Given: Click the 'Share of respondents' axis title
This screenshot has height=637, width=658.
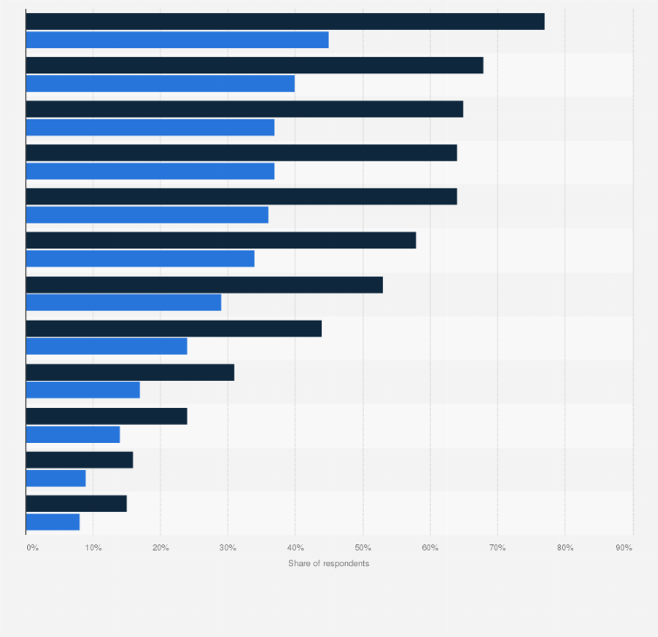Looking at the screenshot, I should [328, 564].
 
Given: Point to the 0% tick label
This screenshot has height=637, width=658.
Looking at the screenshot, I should [32, 547].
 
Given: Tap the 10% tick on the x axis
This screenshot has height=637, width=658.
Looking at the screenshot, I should [93, 547].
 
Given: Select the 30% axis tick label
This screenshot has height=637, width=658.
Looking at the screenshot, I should [228, 547].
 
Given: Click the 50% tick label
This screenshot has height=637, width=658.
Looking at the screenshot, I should [362, 547].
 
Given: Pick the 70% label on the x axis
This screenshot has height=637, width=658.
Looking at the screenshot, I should [497, 547].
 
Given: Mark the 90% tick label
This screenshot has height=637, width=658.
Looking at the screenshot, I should [624, 547].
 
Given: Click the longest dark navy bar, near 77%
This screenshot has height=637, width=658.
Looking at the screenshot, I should [285, 22].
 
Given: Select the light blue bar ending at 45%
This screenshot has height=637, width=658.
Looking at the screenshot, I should [177, 40].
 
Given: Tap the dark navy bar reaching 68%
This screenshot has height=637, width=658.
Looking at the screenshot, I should [255, 66].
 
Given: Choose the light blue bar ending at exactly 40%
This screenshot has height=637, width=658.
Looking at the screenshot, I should [161, 84].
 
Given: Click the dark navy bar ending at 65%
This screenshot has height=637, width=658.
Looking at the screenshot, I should [244, 109].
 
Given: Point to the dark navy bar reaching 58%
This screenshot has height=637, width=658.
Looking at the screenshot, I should [221, 240].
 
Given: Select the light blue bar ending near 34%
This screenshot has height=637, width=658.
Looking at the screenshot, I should [141, 259].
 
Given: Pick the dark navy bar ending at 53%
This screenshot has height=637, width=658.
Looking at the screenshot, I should [204, 285].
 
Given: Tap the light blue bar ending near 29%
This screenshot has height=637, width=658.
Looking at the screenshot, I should [124, 302].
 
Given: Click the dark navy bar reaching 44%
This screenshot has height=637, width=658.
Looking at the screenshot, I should [174, 329].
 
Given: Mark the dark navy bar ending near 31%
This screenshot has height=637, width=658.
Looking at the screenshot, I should [130, 372].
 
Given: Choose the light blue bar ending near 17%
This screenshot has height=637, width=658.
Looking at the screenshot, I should [83, 390].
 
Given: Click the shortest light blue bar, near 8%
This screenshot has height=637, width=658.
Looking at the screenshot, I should [52, 522].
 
